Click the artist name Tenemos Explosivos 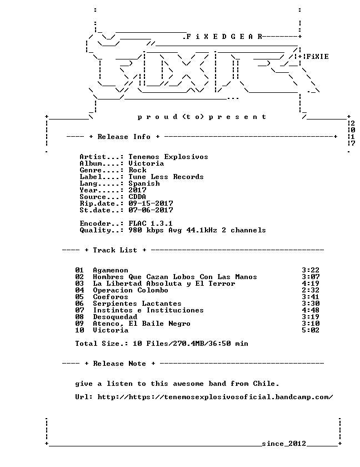click(168, 157)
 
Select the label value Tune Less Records click(166, 177)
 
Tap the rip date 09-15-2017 click(151, 203)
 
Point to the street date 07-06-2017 click(151, 210)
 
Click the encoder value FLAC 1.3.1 click(151, 223)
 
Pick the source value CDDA click(137, 197)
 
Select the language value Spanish click(144, 184)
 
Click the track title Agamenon click(111, 270)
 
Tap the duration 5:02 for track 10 click(311, 330)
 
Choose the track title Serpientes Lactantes click(137, 304)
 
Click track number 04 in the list click(79, 290)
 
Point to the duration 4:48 click(311, 310)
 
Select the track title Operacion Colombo click(131, 290)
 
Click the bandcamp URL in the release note click(215, 397)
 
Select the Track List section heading click(115, 250)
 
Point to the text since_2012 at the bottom click(284, 444)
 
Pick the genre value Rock click(137, 170)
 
